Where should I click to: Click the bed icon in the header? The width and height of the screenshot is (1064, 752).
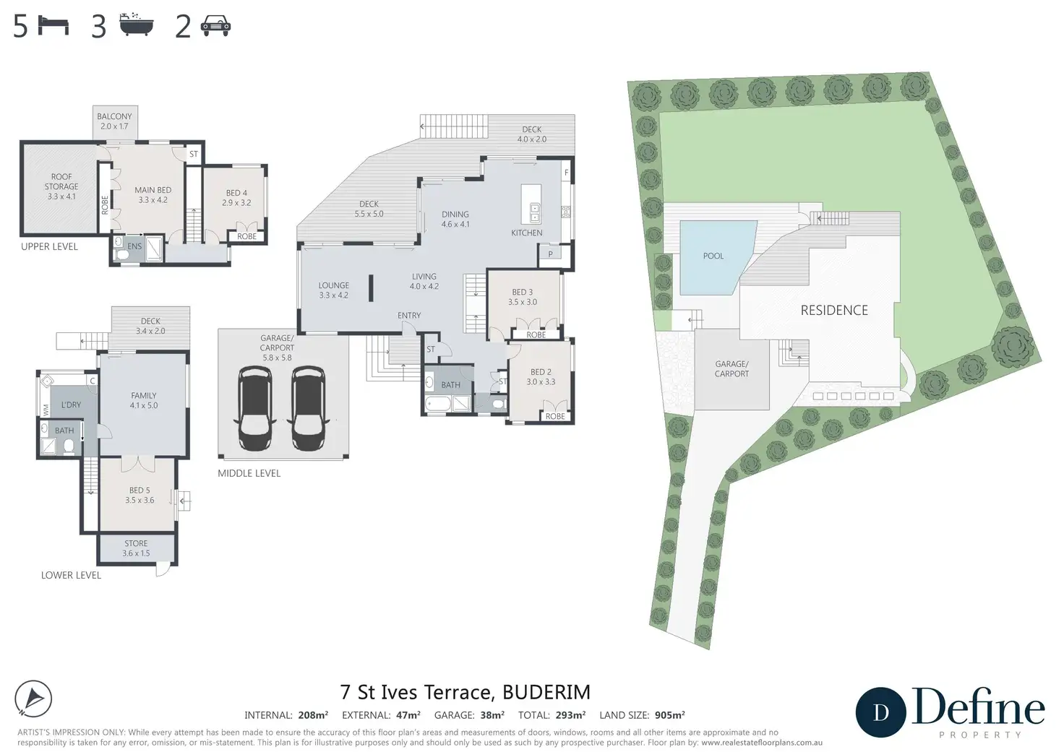click(x=53, y=25)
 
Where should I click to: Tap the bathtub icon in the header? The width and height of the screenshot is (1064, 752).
click(x=137, y=25)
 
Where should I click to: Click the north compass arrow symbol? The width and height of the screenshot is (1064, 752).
click(x=33, y=699)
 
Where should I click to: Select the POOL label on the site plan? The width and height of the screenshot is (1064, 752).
click(x=713, y=256)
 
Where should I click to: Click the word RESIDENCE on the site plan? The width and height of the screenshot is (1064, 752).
click(x=834, y=310)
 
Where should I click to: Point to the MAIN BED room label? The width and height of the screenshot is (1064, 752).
click(x=153, y=194)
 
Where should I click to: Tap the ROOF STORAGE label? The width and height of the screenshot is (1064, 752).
click(x=61, y=186)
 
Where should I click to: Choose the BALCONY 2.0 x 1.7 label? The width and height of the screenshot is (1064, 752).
click(x=114, y=121)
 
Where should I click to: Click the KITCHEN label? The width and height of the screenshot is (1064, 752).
click(x=527, y=233)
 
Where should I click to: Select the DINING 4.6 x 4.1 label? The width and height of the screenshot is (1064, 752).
click(x=455, y=219)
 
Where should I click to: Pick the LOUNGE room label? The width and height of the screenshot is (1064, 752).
click(x=333, y=290)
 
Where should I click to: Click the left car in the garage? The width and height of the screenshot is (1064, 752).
click(x=254, y=408)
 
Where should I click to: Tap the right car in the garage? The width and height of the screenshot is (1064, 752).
click(x=308, y=408)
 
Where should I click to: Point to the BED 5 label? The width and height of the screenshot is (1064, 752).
click(x=140, y=495)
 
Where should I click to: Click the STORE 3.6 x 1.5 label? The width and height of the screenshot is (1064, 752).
click(x=136, y=548)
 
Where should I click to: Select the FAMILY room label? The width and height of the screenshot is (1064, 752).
click(x=143, y=400)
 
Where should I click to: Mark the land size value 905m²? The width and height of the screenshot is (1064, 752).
click(x=670, y=715)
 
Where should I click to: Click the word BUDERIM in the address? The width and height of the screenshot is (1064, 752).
click(x=546, y=692)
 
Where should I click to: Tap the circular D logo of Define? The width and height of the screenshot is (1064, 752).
click(x=881, y=712)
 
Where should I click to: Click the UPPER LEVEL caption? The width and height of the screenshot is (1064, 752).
click(x=49, y=246)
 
